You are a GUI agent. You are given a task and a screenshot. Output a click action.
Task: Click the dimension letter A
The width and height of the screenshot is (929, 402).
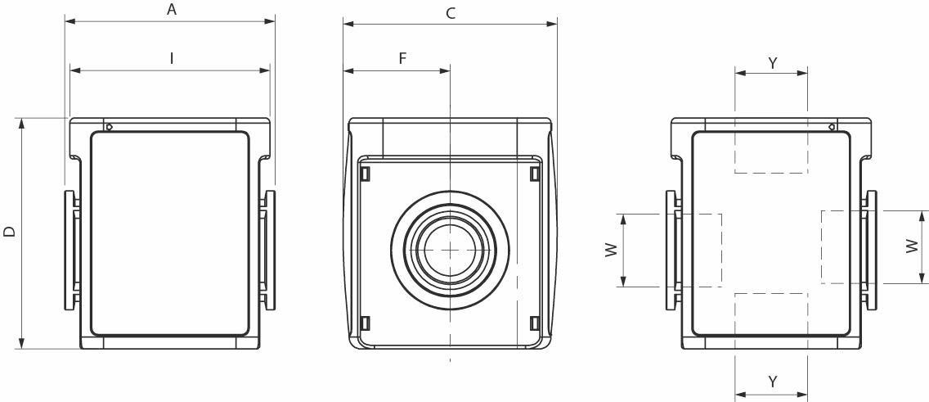click(x=172, y=10)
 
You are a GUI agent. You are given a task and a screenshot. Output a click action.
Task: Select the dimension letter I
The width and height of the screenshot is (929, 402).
click(x=172, y=58)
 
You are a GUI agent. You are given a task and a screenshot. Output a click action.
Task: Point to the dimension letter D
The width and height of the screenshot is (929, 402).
click(x=9, y=233)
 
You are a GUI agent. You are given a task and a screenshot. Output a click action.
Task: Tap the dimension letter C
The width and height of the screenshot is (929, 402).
click(x=451, y=13)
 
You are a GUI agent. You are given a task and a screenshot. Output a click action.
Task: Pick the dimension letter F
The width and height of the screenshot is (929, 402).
click(x=402, y=59)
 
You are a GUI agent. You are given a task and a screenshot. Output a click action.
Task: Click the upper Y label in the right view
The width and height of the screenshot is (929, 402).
click(x=772, y=62)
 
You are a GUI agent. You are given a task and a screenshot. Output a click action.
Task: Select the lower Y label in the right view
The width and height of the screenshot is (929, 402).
click(x=772, y=382)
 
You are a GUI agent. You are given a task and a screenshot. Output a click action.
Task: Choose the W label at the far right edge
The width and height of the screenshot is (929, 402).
click(x=911, y=246)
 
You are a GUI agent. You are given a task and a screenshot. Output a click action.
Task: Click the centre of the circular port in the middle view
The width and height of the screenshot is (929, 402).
click(x=450, y=249)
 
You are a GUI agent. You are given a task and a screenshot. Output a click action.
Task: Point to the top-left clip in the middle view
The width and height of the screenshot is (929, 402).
click(x=366, y=174)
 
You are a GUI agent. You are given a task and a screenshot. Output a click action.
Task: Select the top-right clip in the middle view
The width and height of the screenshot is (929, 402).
click(x=534, y=174)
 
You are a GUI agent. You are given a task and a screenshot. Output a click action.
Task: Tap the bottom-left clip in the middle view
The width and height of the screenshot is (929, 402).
click(x=366, y=322)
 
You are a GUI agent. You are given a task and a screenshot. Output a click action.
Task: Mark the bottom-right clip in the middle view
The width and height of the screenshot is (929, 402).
click(x=534, y=322)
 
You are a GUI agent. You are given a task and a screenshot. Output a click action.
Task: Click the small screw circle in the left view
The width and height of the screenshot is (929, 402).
click(x=109, y=127)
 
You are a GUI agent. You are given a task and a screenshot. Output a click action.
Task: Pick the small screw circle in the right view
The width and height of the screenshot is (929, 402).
click(x=831, y=127)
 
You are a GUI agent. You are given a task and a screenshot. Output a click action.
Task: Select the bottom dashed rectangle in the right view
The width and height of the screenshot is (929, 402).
click(x=771, y=314)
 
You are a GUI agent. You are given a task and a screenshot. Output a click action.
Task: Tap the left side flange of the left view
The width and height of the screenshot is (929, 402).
click(x=70, y=250)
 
